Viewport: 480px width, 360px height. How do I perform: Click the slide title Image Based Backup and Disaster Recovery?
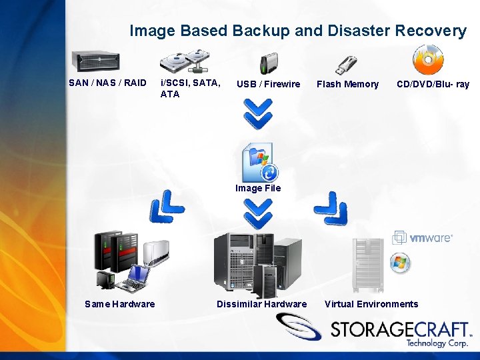click(297, 31)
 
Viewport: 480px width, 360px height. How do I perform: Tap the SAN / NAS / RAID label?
click(107, 83)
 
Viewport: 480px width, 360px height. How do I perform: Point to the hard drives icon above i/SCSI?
click(188, 61)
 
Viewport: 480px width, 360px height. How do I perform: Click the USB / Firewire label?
click(268, 84)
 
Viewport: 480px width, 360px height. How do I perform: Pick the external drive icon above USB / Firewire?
click(267, 63)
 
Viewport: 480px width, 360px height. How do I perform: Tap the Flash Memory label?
click(347, 84)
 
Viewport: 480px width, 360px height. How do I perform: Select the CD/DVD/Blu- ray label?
click(433, 84)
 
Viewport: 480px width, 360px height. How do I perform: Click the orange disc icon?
click(427, 60)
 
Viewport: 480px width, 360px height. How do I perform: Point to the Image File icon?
click(259, 162)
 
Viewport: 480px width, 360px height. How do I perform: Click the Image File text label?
click(258, 188)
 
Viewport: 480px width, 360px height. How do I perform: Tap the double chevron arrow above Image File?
click(257, 113)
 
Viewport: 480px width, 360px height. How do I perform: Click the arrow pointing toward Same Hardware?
click(166, 207)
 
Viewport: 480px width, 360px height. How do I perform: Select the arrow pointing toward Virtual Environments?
click(331, 208)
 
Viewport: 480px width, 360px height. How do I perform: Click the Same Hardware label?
click(120, 304)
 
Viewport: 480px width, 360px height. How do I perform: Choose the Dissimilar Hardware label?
click(261, 304)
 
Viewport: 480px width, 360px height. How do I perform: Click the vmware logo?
click(423, 237)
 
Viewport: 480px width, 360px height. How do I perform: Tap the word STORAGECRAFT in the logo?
click(400, 328)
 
